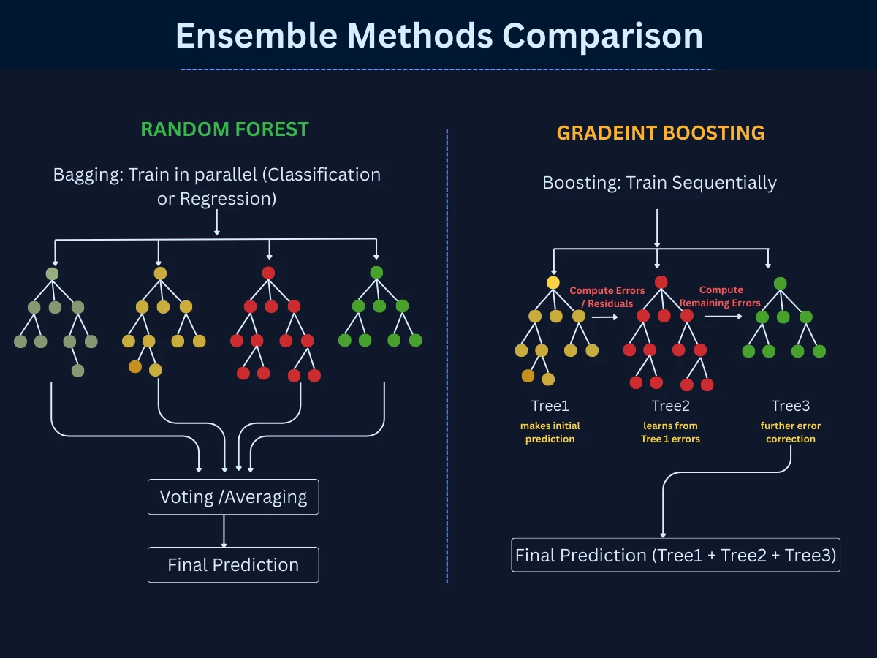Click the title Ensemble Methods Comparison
tap(438, 35)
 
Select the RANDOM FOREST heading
tap(224, 129)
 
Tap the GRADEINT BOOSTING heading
tap(661, 132)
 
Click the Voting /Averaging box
tap(233, 497)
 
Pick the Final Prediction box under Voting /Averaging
tap(233, 565)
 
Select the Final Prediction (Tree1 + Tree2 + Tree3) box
tap(675, 555)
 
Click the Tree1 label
tap(550, 406)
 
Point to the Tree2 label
tap(670, 406)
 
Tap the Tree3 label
tap(791, 406)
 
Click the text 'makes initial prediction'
tap(550, 432)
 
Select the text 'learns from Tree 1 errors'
tap(670, 432)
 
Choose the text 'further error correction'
tap(791, 432)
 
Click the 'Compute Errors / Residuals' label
tap(607, 297)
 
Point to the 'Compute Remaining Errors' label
tap(721, 296)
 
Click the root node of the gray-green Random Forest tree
tap(52, 273)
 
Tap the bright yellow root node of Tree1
tap(553, 282)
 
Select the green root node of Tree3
tap(780, 283)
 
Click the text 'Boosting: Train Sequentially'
tap(659, 182)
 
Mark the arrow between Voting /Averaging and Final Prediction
tap(224, 531)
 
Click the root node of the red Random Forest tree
tap(268, 273)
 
